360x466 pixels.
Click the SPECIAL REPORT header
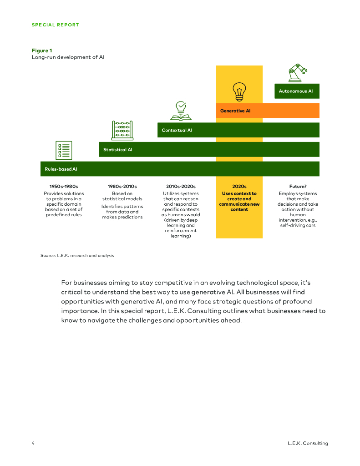coord(55,25)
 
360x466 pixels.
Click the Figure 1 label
coord(41,51)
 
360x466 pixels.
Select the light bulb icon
coord(239,91)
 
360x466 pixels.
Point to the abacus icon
coord(122,130)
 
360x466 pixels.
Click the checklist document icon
coord(64,150)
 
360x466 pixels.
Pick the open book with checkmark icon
coord(181,111)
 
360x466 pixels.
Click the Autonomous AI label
coord(296,91)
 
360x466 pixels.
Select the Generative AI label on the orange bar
coord(235,111)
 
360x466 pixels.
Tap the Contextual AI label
coord(177,130)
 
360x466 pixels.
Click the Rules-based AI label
coord(61,169)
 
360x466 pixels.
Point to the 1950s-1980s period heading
coord(64,186)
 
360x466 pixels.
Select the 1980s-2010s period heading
coord(122,186)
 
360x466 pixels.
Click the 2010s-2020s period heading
coord(181,186)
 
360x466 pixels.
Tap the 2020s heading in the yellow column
coord(239,186)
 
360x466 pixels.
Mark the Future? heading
coord(298,186)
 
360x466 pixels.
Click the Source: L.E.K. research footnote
coord(77,255)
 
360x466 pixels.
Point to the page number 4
coord(33,443)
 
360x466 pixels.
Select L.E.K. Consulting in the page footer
coord(308,443)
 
